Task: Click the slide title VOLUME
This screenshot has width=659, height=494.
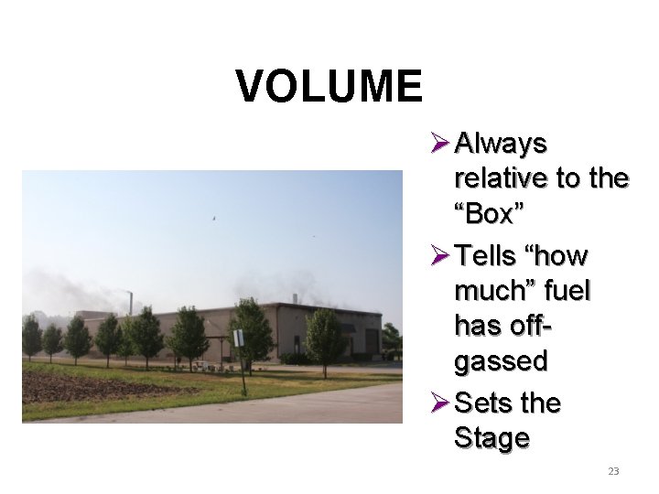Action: click(x=329, y=87)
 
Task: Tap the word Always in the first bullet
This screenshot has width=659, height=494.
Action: click(x=501, y=145)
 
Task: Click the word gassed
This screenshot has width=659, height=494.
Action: click(x=500, y=361)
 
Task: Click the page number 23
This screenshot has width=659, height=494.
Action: click(x=613, y=471)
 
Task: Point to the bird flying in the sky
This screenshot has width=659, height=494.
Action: click(x=214, y=219)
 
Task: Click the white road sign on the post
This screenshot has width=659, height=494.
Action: click(x=238, y=338)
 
